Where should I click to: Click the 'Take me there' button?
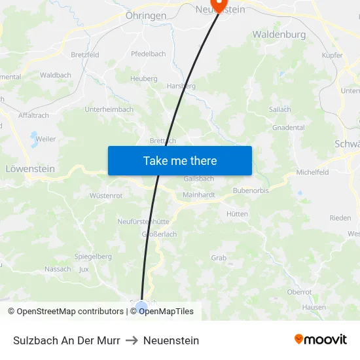[x=180, y=160]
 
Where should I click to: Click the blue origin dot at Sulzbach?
[x=142, y=306]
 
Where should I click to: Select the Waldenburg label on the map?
[x=279, y=34]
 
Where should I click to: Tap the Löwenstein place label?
[x=30, y=168]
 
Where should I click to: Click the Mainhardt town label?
[x=199, y=194]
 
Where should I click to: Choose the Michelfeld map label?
[x=312, y=172]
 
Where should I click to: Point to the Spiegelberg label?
[x=93, y=257]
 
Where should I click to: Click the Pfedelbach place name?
[x=148, y=54]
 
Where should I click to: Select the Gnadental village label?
[x=288, y=128]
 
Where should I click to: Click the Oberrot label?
[x=299, y=292]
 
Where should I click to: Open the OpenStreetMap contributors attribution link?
[x=70, y=312]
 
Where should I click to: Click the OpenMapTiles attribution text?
[x=166, y=312]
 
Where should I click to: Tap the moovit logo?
[x=321, y=339]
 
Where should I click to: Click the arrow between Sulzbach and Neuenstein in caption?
[x=132, y=340]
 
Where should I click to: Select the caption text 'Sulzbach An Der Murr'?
[x=66, y=340]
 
